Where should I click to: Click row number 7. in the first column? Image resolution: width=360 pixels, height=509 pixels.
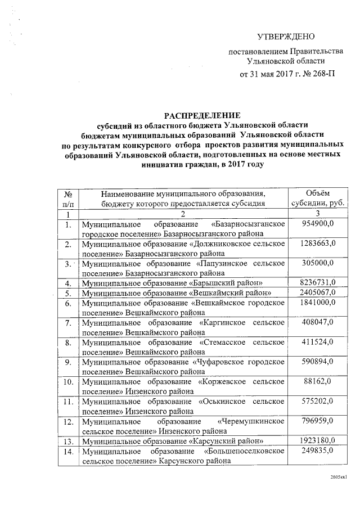(x=67, y=322)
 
